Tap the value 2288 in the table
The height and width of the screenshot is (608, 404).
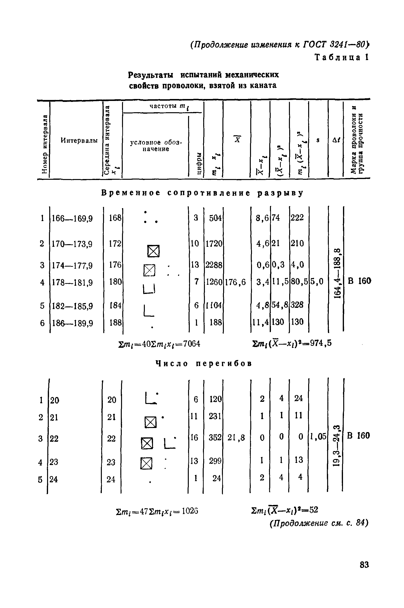coord(214,265)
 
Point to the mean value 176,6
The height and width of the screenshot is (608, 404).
coord(235,282)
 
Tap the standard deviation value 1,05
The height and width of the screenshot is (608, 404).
coord(318,437)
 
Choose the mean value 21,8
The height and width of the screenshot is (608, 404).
coord(236,437)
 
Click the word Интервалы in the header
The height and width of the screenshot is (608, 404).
coord(79,141)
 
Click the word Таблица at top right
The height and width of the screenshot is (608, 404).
coord(337,57)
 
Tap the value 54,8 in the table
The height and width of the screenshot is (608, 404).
coord(280,305)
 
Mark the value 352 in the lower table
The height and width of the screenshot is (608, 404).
coord(215,437)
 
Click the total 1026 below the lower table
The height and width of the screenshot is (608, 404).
coord(190,511)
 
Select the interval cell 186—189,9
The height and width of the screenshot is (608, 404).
coord(72,323)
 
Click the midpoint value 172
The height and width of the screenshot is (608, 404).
coord(115,243)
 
